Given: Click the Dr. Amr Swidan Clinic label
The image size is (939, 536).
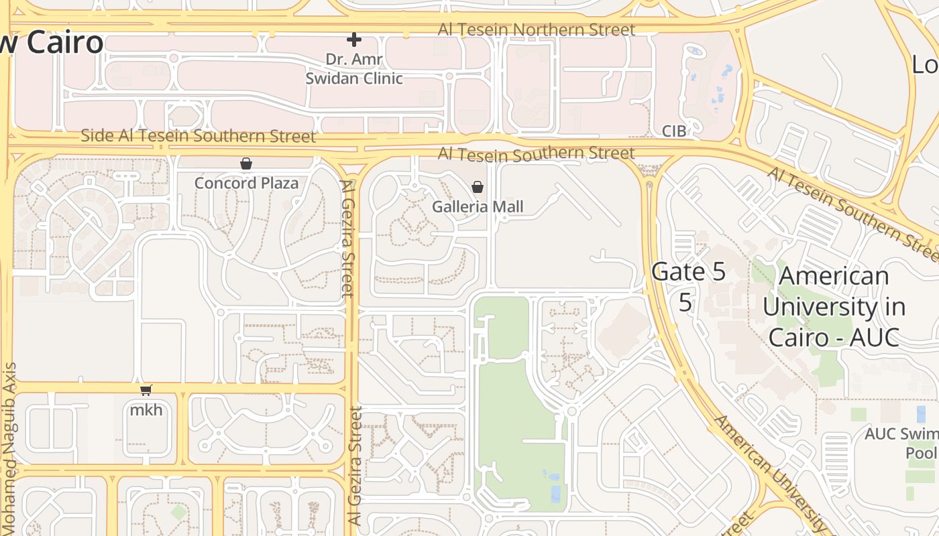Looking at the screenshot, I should pyautogui.click(x=354, y=69).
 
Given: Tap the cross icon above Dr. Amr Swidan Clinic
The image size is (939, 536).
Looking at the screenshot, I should pyautogui.click(x=354, y=40).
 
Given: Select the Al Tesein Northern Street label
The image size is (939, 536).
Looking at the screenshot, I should pyautogui.click(x=536, y=29).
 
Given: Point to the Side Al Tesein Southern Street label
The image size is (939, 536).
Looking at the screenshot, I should pyautogui.click(x=198, y=136).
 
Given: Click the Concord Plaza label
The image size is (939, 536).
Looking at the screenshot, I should pyautogui.click(x=246, y=183).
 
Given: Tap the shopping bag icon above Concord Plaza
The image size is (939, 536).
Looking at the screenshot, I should pyautogui.click(x=246, y=163).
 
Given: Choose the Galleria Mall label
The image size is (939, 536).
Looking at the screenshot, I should pyautogui.click(x=478, y=206).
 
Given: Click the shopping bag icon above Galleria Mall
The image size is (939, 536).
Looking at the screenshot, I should pyautogui.click(x=478, y=187).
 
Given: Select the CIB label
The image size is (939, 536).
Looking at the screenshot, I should pyautogui.click(x=674, y=131).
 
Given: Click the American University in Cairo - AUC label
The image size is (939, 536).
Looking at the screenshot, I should pyautogui.click(x=834, y=306).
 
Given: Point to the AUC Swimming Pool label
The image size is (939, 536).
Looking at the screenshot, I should pyautogui.click(x=901, y=443).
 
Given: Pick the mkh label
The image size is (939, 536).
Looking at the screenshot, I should pyautogui.click(x=146, y=409).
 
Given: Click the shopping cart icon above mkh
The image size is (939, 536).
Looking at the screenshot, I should pyautogui.click(x=146, y=390).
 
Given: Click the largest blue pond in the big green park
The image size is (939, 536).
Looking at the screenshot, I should pyautogui.click(x=555, y=494).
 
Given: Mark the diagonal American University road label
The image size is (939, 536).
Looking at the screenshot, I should pyautogui.click(x=771, y=472).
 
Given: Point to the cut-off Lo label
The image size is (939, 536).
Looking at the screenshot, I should pyautogui.click(x=925, y=64).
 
